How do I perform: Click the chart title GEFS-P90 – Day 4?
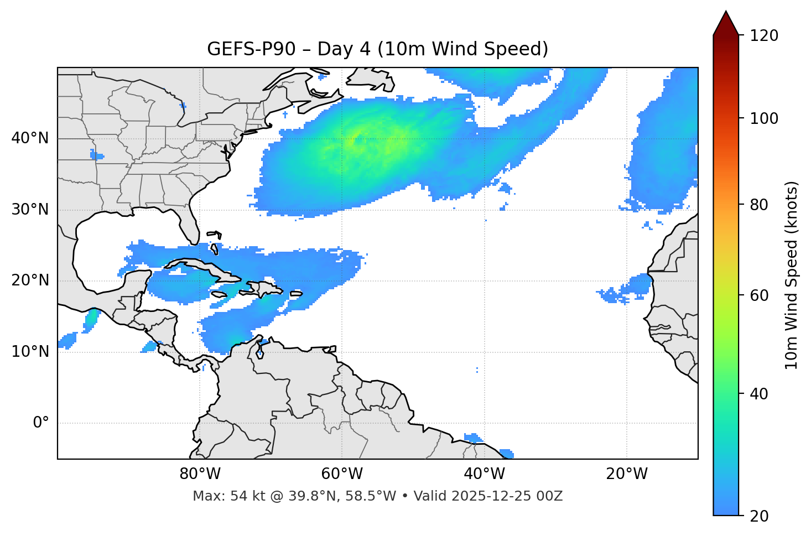click(x=377, y=49)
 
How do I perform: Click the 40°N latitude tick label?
click(x=30, y=138)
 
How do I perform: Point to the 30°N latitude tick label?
click(x=30, y=210)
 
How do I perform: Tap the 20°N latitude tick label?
click(x=30, y=280)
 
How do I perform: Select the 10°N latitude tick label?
click(x=30, y=352)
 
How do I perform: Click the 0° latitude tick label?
click(x=41, y=423)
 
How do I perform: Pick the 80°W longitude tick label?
click(x=200, y=474)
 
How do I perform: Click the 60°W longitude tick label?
click(x=342, y=474)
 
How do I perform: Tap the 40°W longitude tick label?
click(x=484, y=474)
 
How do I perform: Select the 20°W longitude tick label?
click(x=626, y=474)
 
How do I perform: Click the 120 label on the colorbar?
click(x=764, y=36)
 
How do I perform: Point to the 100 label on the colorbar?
click(x=764, y=118)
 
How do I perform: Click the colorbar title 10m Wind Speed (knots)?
click(x=792, y=275)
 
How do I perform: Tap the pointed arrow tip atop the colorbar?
click(x=726, y=13)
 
